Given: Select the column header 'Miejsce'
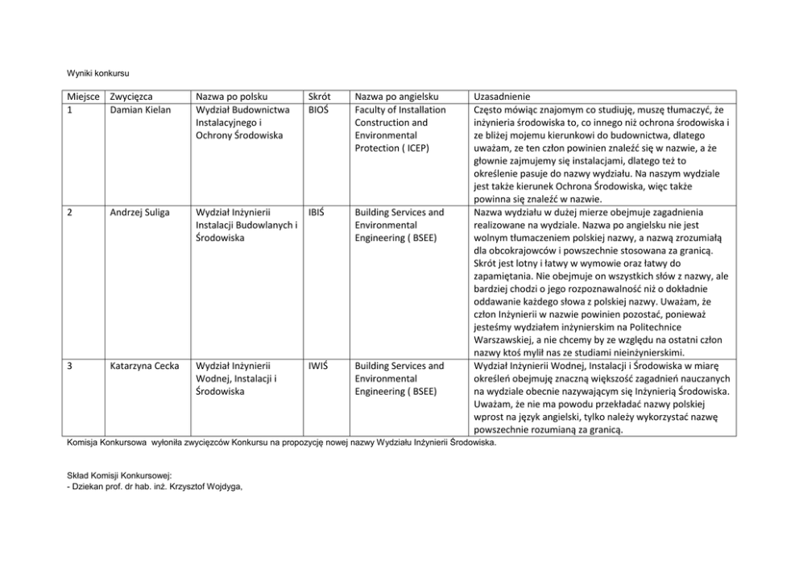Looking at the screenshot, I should click(x=83, y=97).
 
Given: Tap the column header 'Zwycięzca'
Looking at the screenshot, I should click(x=131, y=97).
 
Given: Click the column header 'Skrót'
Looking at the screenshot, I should click(x=319, y=97).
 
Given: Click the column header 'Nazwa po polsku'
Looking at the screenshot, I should click(x=232, y=97).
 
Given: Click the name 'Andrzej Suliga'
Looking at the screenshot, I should click(x=141, y=213).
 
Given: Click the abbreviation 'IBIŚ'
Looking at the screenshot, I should click(x=317, y=213).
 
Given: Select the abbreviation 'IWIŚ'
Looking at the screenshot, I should click(x=318, y=366).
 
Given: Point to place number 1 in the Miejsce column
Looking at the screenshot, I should click(x=68, y=110).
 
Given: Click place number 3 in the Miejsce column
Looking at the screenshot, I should click(x=69, y=366).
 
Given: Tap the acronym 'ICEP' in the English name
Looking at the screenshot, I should click(x=416, y=148).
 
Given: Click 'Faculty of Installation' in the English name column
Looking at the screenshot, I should click(x=399, y=110).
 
